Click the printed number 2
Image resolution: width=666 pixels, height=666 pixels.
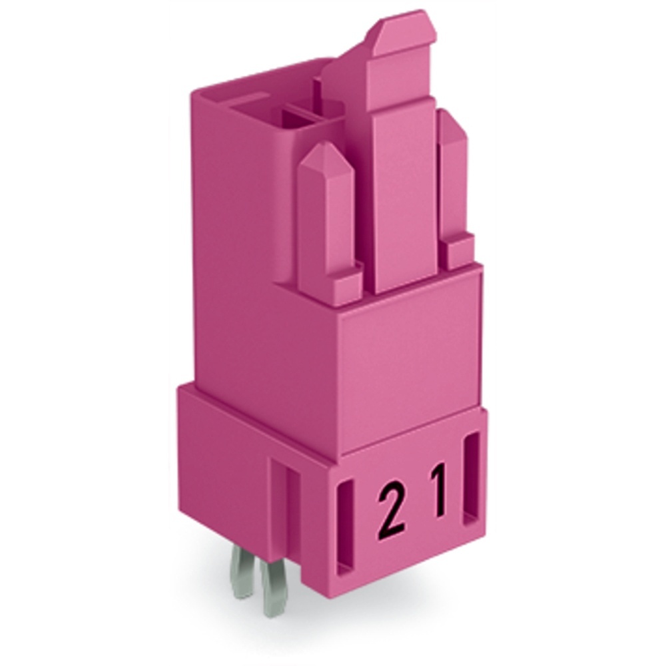click(391, 510)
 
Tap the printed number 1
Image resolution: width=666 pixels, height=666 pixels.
click(437, 492)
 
